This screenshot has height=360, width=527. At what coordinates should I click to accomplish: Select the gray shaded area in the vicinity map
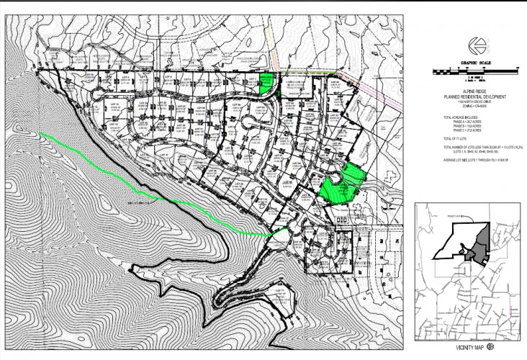477,248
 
